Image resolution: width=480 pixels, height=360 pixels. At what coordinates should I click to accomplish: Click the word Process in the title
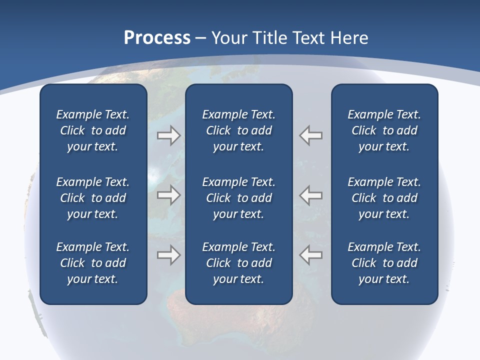click(x=157, y=38)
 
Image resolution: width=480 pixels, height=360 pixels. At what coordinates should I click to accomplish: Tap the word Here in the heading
click(x=350, y=38)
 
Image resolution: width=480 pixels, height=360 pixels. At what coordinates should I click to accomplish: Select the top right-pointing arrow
click(x=168, y=135)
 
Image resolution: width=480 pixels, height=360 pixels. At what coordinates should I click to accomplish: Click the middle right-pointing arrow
click(x=168, y=195)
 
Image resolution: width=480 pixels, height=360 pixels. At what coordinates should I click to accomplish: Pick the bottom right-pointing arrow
click(x=168, y=255)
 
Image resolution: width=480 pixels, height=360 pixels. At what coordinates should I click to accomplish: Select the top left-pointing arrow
click(x=310, y=135)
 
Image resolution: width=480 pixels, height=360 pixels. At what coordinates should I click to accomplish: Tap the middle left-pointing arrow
click(x=310, y=195)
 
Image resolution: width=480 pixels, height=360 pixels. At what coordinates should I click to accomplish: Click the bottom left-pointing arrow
click(x=310, y=255)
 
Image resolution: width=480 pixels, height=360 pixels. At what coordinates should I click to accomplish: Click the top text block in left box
click(x=93, y=130)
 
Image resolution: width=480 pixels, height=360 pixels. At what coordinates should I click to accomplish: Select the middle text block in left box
click(x=93, y=198)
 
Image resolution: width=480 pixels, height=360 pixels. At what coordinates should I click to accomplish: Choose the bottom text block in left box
click(x=93, y=263)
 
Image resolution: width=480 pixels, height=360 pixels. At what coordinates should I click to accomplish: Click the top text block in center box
click(x=238, y=130)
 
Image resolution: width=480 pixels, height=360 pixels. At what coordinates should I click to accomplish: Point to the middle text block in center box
click(x=238, y=198)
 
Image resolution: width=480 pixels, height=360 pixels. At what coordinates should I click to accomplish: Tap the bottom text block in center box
click(x=238, y=263)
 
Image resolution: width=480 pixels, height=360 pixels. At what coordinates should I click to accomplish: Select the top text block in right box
click(x=384, y=130)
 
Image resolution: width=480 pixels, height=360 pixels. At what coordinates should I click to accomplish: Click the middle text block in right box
click(x=384, y=198)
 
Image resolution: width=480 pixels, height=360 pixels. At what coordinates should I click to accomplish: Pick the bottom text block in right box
click(x=384, y=263)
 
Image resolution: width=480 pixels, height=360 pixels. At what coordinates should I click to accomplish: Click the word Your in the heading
click(x=229, y=38)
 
